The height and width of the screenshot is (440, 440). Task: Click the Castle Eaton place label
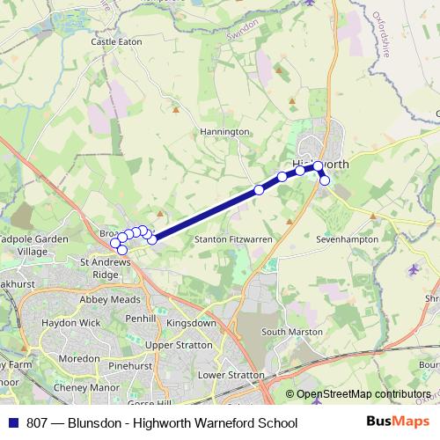115,41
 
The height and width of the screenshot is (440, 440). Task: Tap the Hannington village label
224,132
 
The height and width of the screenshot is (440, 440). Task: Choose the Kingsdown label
191,323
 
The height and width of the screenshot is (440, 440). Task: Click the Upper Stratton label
179,345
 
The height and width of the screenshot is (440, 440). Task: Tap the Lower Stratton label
231,375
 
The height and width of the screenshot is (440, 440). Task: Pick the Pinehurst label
131,363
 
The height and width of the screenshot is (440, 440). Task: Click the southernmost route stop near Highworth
325,180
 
